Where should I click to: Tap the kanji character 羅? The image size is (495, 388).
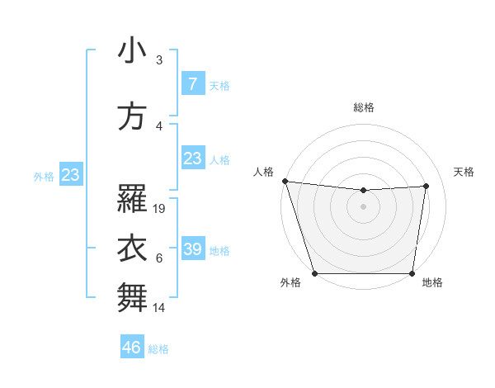coord(131,199)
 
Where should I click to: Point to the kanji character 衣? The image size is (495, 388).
coord(131,249)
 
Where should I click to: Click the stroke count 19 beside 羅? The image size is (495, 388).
coord(160,209)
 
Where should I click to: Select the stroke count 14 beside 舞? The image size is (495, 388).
coord(160,308)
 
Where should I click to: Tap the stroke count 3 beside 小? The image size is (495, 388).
coord(159,60)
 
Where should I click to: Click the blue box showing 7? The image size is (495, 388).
coord(192,84)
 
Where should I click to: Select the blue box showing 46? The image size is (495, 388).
coord(132,348)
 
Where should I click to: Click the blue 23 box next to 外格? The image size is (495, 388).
coord(70,174)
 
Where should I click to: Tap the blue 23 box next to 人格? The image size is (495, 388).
coord(192,159)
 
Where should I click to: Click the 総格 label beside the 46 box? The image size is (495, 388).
coord(158,349)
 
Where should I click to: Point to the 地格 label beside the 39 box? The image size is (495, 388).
coord(219,250)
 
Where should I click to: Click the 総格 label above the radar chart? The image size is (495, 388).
coord(363,107)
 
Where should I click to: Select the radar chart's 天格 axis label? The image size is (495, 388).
coord(464,172)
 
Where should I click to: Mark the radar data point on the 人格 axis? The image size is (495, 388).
coord(285,181)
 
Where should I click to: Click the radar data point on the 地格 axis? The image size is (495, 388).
coord(412,273)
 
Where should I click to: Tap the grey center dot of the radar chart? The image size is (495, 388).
coord(363,206)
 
